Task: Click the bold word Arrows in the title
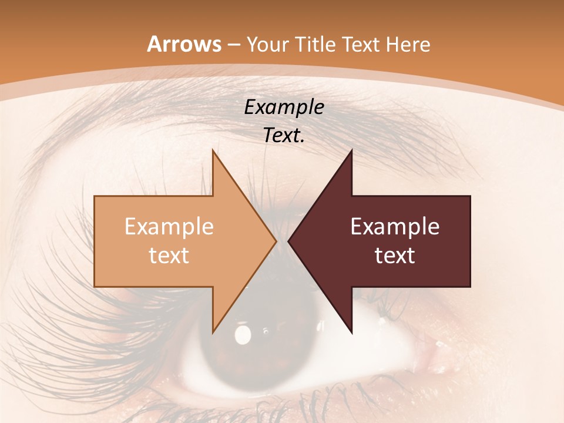pos(184,44)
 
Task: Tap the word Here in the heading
pos(408,44)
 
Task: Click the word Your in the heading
pos(267,44)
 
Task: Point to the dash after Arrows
pos(233,45)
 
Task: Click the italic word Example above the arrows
pos(284,108)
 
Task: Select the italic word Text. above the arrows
pos(284,136)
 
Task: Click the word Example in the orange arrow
pos(169,227)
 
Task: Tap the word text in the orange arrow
pos(169,256)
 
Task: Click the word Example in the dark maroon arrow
pos(395,227)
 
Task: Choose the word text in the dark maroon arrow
pos(395,256)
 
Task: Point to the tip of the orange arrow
pos(276,241)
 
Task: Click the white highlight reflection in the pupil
pos(242,335)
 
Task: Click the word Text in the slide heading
pos(361,44)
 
